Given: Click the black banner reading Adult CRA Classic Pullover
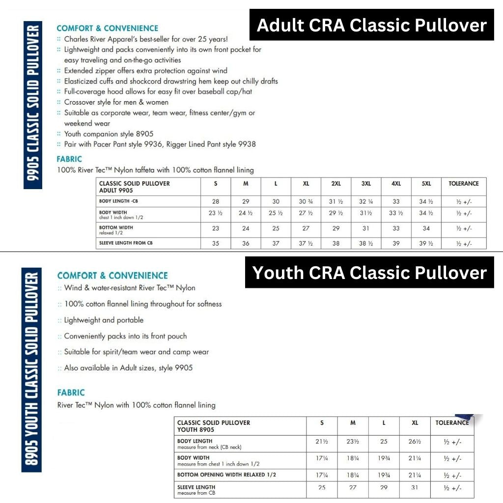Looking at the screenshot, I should pyautogui.click(x=371, y=25).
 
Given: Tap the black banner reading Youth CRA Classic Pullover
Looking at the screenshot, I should pyautogui.click(x=369, y=272).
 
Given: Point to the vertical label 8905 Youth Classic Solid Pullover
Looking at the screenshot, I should pyautogui.click(x=31, y=371).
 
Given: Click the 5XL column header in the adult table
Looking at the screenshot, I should pyautogui.click(x=426, y=184).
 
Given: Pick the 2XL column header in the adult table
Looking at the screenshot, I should pyautogui.click(x=336, y=184).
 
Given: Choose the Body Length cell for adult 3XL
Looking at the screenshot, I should pyautogui.click(x=366, y=201).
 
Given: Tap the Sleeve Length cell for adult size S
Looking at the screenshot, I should pyautogui.click(x=216, y=244).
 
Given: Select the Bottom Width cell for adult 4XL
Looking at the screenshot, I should pyautogui.click(x=396, y=228).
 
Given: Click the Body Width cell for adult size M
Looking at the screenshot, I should pyautogui.click(x=246, y=213).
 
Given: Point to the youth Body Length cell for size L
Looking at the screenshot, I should pyautogui.click(x=384, y=442).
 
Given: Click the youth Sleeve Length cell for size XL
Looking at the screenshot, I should pyautogui.click(x=415, y=488).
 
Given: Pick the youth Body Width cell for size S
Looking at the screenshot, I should pyautogui.click(x=322, y=458).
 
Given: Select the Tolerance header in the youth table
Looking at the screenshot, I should pyautogui.click(x=452, y=423).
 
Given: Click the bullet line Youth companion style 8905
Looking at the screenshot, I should pyautogui.click(x=109, y=134).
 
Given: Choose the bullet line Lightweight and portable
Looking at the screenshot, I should pyautogui.click(x=104, y=320).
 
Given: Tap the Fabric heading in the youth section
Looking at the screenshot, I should pyautogui.click(x=71, y=392).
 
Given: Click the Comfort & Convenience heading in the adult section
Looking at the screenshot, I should pyautogui.click(x=107, y=28).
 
